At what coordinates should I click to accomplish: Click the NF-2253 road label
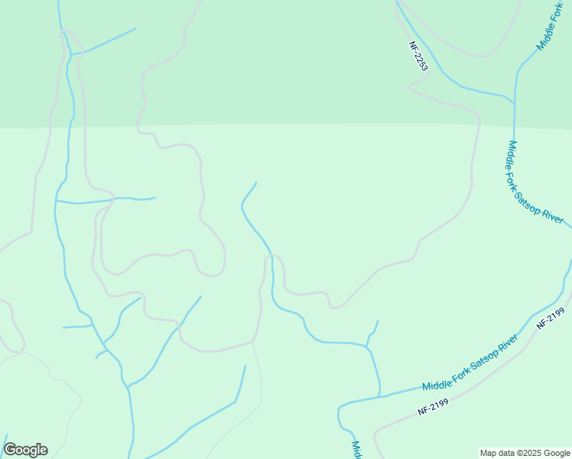418,57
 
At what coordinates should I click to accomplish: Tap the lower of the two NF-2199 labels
433,405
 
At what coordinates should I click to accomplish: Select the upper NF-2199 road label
550,317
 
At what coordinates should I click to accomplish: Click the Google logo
25,449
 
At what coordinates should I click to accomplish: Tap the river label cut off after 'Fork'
551,27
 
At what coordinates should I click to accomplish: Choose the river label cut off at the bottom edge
356,450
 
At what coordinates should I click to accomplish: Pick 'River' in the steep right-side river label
552,215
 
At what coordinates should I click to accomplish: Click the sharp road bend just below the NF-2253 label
410,87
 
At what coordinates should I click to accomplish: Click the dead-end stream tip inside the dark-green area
135,29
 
